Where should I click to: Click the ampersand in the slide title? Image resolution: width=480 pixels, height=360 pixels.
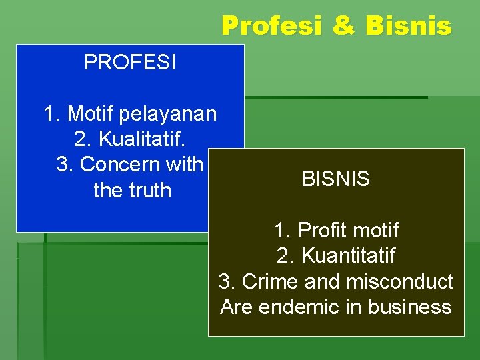point(343,26)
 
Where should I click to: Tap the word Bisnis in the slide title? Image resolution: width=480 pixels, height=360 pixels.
point(408,26)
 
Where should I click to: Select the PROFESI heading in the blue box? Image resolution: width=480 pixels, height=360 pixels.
point(130,63)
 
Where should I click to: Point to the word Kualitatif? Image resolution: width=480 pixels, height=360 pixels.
point(142,139)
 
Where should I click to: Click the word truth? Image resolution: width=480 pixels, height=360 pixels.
point(151,190)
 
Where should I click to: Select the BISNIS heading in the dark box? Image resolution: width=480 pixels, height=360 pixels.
point(336,179)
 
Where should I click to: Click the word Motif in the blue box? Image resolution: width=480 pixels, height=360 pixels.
point(89,114)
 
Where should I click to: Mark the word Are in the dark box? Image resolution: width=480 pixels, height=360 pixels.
point(235,307)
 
